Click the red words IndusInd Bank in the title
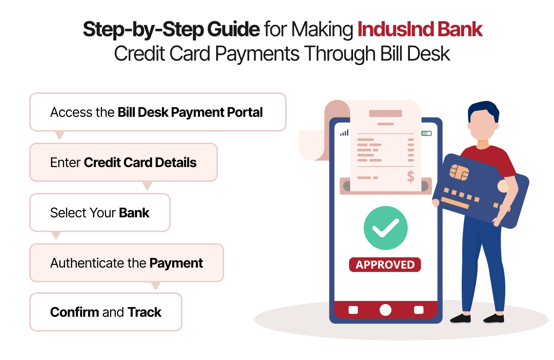(420, 29)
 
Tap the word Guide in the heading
(233, 29)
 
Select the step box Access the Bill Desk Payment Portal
(158, 112)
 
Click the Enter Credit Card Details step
(123, 162)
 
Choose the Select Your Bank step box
(100, 213)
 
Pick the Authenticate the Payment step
(127, 263)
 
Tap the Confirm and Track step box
(106, 312)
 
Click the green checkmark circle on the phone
(385, 228)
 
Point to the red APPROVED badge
(385, 265)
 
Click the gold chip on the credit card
(459, 172)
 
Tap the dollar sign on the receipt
(411, 176)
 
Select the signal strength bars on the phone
(344, 133)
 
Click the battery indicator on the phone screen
(427, 133)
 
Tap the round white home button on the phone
(385, 310)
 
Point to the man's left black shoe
(461, 319)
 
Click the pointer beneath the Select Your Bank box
(56, 235)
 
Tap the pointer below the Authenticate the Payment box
(156, 286)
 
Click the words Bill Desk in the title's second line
(415, 54)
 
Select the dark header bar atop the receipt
(385, 113)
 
